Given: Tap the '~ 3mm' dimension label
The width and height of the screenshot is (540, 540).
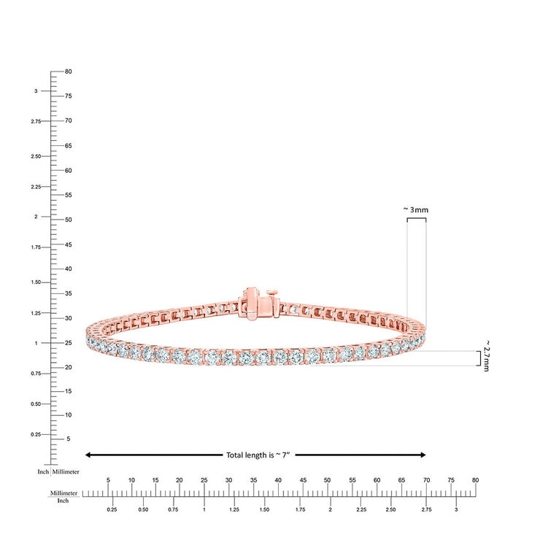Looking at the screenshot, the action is tap(416, 209).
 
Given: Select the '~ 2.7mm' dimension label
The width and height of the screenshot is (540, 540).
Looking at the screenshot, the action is tap(486, 356).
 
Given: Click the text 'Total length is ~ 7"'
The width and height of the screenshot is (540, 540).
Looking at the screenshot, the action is tap(258, 455).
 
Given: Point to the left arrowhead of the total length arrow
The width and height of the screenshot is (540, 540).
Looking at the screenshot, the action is tap(88, 455).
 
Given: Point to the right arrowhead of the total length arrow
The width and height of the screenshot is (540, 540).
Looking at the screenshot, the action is tap(423, 455).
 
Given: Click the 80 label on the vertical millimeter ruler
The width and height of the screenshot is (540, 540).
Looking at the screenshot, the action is tap(68, 72).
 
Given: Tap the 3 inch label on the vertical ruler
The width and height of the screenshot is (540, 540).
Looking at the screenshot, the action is tap(36, 91).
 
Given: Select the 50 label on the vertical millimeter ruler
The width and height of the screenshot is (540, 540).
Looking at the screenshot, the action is tap(68, 220).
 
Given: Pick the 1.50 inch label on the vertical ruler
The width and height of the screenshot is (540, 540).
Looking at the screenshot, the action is tap(36, 282).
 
